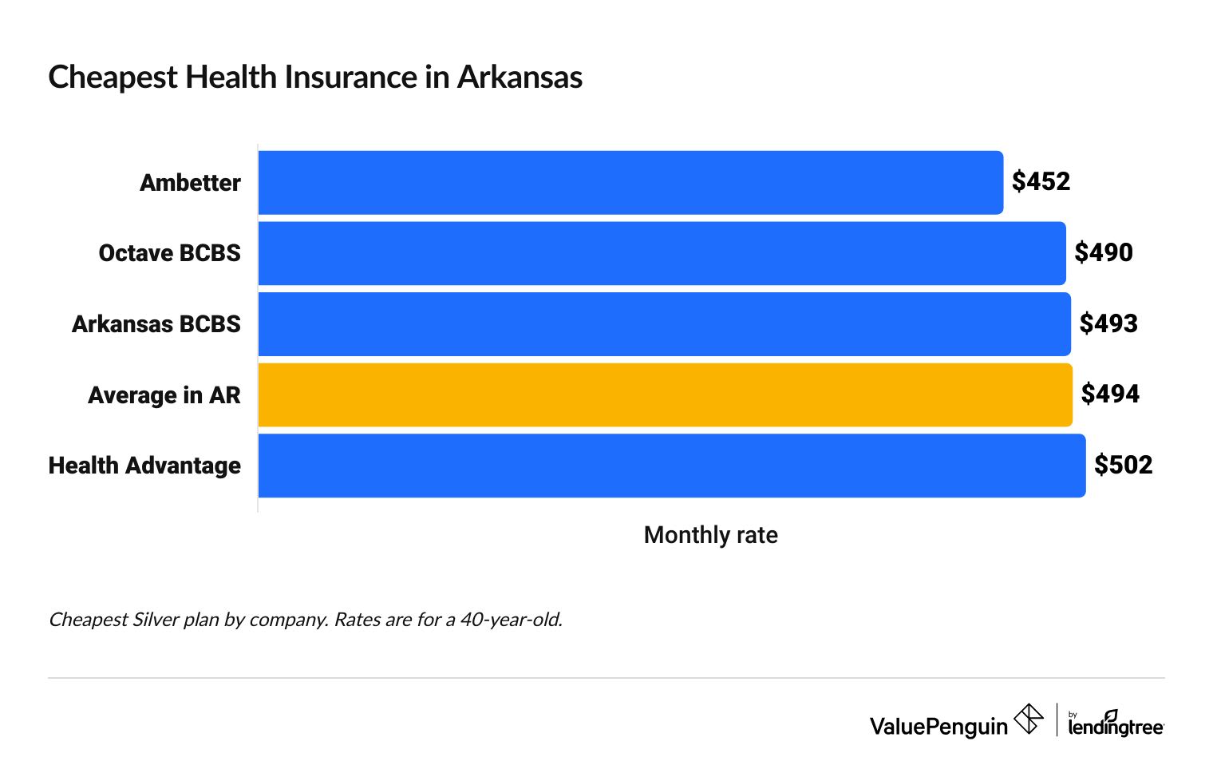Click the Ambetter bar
pyautogui.click(x=630, y=183)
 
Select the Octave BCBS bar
pyautogui.click(x=662, y=253)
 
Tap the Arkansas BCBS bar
pyautogui.click(x=664, y=324)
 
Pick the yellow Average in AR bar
pyautogui.click(x=665, y=394)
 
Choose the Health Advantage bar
pyautogui.click(x=671, y=466)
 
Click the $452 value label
pyautogui.click(x=1041, y=182)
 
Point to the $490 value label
pyautogui.click(x=1103, y=253)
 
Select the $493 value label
pyautogui.click(x=1108, y=324)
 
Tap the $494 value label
pyautogui.click(x=1110, y=394)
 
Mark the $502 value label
pyautogui.click(x=1123, y=466)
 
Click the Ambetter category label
pyautogui.click(x=190, y=183)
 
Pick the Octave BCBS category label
pyautogui.click(x=169, y=253)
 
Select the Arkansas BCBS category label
pyautogui.click(x=156, y=324)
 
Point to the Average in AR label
pyautogui.click(x=164, y=395)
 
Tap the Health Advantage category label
pyautogui.click(x=144, y=466)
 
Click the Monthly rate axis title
pyautogui.click(x=710, y=535)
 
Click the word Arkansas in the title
pyautogui.click(x=520, y=77)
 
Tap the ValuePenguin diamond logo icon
pyautogui.click(x=1028, y=719)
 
